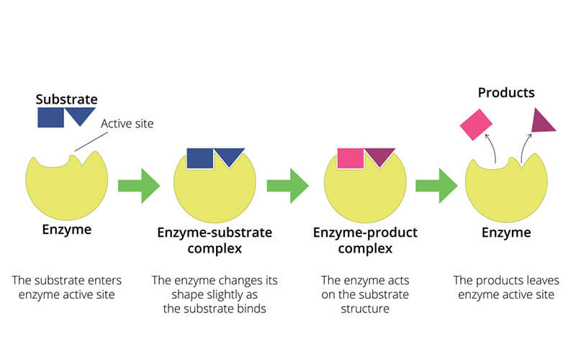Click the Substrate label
tap(66, 99)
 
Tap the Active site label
tap(127, 123)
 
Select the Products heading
tap(506, 93)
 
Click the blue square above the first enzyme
tap(50, 117)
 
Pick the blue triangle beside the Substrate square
tap(81, 114)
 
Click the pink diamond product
tap(476, 125)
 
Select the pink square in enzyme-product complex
tap(351, 158)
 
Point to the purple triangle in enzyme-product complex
tap(380, 156)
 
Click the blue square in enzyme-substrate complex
tap(200, 158)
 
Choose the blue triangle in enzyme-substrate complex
tap(230, 156)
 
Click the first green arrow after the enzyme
tap(139, 186)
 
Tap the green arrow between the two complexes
tap(287, 186)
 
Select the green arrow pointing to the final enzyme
tap(436, 186)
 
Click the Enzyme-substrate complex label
tap(215, 240)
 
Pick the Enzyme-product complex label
tap(365, 240)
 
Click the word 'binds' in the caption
tap(251, 309)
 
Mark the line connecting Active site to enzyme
tap(91, 142)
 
